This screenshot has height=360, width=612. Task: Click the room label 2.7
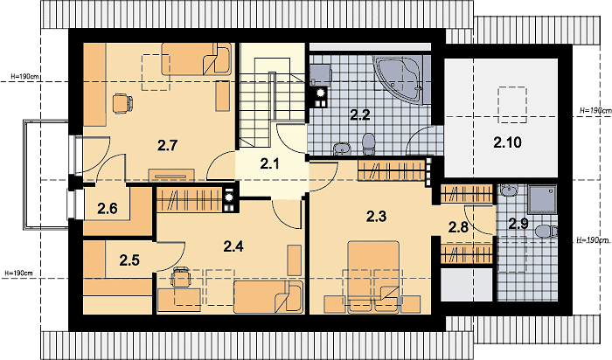[x=168, y=145]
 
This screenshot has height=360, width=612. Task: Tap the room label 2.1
[x=269, y=164]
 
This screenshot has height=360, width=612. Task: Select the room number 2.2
[x=359, y=115]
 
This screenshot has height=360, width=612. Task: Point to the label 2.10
[x=507, y=142]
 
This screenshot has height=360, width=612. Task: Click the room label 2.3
[x=376, y=216]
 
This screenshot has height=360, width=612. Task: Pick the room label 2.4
[x=233, y=246]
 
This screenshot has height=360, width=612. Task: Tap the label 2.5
[x=129, y=260]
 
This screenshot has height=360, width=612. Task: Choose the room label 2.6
[x=108, y=209]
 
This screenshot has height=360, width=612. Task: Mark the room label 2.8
[x=458, y=227]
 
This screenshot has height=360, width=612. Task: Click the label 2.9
[x=518, y=224]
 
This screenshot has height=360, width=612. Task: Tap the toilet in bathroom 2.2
[x=368, y=144]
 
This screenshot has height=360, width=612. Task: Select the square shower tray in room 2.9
[x=542, y=200]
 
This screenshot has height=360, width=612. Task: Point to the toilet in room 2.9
[x=546, y=232]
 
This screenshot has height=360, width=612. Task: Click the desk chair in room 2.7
[x=122, y=103]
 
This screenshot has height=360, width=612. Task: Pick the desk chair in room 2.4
[x=181, y=277]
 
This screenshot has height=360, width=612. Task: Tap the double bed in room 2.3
[x=373, y=276]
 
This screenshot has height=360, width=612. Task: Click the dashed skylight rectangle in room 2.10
[x=511, y=105]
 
